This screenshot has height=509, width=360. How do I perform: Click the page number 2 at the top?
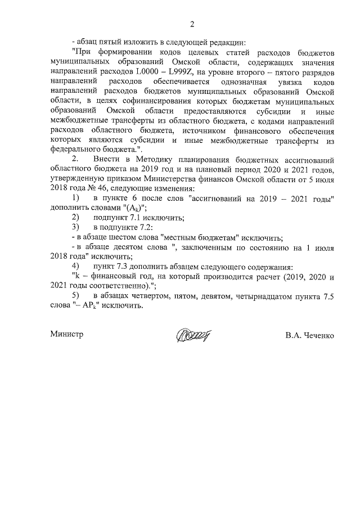[192, 24]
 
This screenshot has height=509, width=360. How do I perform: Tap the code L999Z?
[197, 73]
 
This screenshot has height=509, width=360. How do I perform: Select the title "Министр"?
[66, 335]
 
